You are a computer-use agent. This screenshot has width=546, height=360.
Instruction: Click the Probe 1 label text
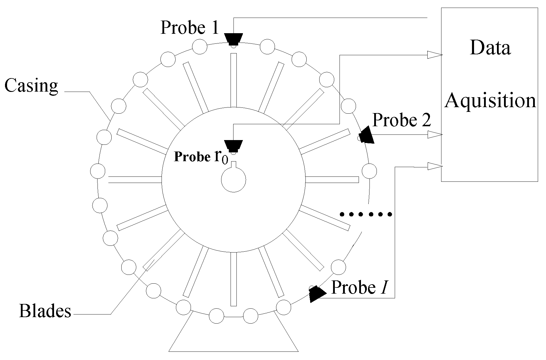click(x=189, y=28)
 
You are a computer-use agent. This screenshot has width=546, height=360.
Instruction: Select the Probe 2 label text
click(x=401, y=120)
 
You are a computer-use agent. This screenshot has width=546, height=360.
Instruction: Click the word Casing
click(x=31, y=86)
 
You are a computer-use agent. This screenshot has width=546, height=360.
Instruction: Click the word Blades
click(x=45, y=311)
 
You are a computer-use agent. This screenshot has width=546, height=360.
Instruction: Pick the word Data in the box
click(x=490, y=47)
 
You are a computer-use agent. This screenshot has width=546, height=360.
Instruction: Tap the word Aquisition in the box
click(x=490, y=100)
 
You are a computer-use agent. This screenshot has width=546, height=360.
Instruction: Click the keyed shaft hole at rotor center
click(x=233, y=180)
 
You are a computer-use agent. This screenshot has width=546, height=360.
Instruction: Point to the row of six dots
click(x=366, y=214)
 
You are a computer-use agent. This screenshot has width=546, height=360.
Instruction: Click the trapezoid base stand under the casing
click(x=233, y=338)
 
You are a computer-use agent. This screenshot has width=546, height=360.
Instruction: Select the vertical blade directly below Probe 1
click(x=233, y=80)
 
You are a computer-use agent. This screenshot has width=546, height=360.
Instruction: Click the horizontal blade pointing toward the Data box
click(x=332, y=179)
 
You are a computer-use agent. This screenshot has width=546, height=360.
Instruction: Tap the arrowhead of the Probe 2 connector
click(x=434, y=135)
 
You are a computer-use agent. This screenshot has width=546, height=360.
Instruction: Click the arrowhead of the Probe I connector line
click(x=434, y=166)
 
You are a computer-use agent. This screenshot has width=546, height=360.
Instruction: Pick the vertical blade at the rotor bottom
click(x=233, y=279)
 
